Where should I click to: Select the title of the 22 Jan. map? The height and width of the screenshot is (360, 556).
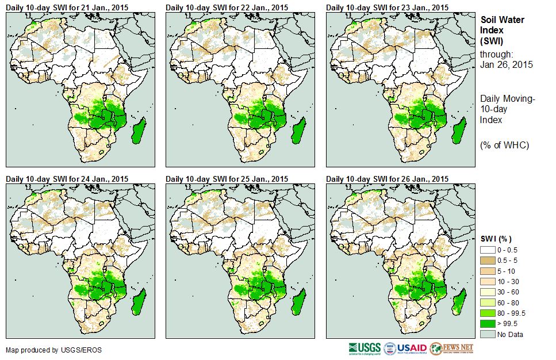[x=227, y=7]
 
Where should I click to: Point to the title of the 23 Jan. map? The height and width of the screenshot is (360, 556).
[x=387, y=7]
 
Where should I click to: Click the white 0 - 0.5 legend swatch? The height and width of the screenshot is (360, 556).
[x=488, y=250]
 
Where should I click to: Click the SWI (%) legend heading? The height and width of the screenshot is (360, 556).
[x=496, y=239]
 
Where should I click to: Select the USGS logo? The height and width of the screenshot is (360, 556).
[x=363, y=348]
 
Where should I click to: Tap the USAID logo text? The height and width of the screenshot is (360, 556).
[x=412, y=348]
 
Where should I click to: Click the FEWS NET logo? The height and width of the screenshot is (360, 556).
[x=452, y=348]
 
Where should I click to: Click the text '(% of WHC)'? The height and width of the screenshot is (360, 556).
[x=504, y=145]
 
